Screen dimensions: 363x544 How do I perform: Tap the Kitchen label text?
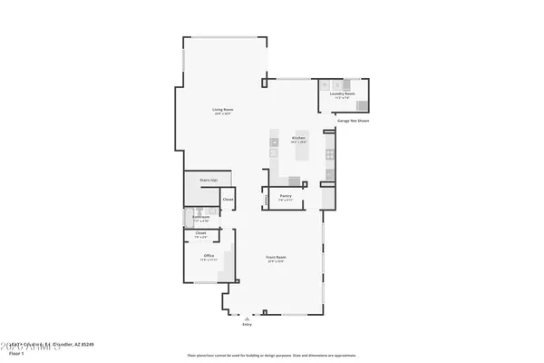point(298,138)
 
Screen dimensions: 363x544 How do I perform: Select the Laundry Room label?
point(342,93)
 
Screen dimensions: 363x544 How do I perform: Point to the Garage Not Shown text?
point(354,120)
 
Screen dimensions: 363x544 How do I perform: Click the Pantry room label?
point(285,195)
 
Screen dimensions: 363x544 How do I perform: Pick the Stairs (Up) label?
point(209,181)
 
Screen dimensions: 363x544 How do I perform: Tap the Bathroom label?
point(201,217)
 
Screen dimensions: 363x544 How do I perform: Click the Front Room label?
point(276,257)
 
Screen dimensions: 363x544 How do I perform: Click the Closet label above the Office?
point(200,233)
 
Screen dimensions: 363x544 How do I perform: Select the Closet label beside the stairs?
point(228,199)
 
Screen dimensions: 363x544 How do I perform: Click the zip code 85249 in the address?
point(88,345)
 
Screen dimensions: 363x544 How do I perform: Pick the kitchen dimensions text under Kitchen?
point(298,142)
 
